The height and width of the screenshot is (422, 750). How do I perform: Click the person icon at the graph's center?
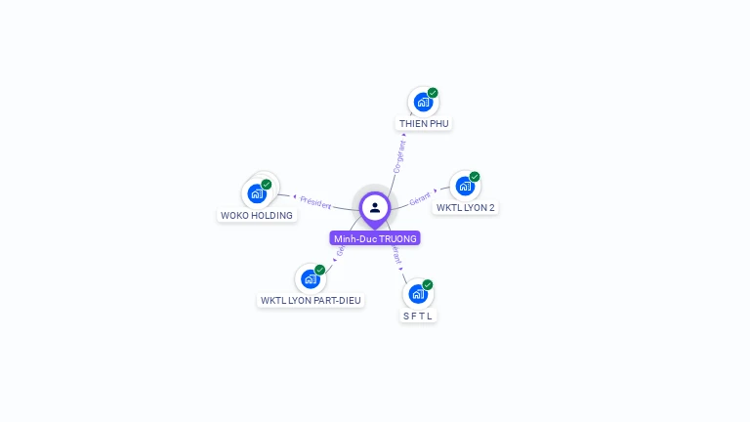coord(375,207)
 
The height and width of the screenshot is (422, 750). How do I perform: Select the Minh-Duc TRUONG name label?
coord(375,238)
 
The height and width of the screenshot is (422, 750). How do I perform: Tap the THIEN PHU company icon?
coord(423,102)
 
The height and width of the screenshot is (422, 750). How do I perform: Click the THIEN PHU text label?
coord(424,124)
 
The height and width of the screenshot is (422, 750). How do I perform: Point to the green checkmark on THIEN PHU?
coord(433,93)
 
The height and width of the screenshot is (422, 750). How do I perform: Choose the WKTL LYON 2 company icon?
coord(465,186)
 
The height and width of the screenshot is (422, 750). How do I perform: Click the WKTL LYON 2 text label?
coord(466,208)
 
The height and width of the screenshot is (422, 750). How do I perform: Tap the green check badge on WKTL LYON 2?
coord(475,177)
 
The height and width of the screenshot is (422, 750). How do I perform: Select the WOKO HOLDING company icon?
coord(257,192)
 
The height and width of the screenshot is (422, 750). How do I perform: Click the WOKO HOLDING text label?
coord(257,215)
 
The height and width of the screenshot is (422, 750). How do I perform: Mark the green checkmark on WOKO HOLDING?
coord(267,184)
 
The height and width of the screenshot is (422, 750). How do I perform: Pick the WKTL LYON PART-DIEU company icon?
coord(311,278)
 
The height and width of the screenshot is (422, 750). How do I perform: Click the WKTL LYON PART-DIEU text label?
coord(312,301)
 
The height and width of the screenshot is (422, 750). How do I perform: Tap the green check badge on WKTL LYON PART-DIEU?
coord(320,270)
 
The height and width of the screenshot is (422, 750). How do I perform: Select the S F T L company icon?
coord(418,293)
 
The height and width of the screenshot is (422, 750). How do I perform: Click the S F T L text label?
coord(418,316)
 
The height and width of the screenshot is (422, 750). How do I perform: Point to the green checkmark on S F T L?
coord(428,284)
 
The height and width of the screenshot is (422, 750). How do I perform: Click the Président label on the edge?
coord(315,201)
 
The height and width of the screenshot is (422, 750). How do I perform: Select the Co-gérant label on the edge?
coord(398,156)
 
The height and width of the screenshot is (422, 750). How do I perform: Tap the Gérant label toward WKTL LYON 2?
coord(421,196)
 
